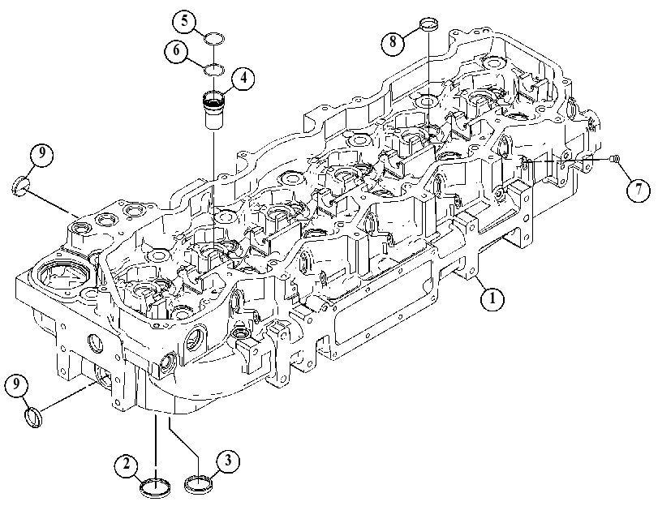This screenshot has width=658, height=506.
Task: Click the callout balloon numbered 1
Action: click(x=492, y=298)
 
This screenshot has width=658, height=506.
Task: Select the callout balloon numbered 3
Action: click(x=228, y=461)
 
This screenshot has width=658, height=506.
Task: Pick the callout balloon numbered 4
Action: click(x=243, y=79)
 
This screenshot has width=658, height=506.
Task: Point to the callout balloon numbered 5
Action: click(x=185, y=22)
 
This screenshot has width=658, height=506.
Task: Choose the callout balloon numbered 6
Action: click(x=176, y=51)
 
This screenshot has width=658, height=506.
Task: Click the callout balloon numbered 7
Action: click(x=639, y=190)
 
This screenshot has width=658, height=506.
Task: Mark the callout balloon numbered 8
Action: click(x=394, y=42)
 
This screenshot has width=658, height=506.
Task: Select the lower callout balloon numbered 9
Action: click(x=17, y=384)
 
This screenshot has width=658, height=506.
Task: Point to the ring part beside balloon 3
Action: click(x=199, y=483)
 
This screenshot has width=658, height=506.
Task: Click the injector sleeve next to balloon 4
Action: click(x=213, y=110)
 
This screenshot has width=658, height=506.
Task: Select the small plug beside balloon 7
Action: click(x=615, y=159)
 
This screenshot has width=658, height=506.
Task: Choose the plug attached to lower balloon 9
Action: click(x=32, y=418)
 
